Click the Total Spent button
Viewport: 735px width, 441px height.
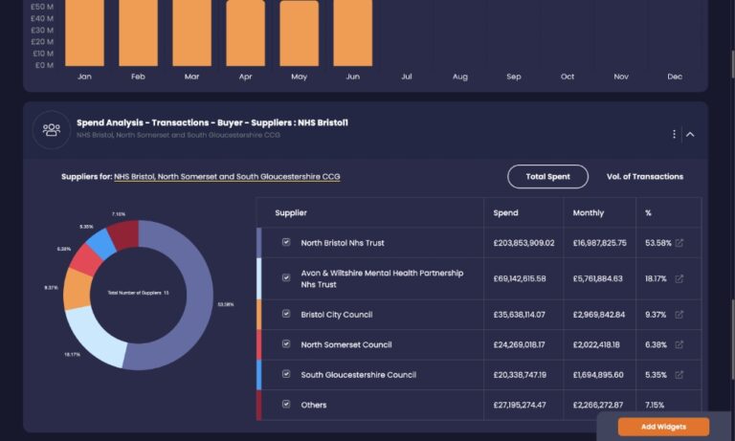pyautogui.click(x=547, y=177)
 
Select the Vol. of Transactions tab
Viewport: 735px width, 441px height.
pyautogui.click(x=645, y=177)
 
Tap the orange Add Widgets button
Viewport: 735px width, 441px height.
pyautogui.click(x=663, y=427)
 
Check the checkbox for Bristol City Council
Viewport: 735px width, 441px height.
pyautogui.click(x=286, y=314)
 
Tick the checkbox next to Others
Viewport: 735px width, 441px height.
pyautogui.click(x=286, y=405)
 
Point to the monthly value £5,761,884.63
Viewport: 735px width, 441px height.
pyautogui.click(x=598, y=278)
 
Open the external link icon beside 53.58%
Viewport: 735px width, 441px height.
pyautogui.click(x=679, y=243)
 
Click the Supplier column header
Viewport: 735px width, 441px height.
pyautogui.click(x=291, y=212)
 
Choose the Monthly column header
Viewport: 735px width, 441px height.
pyautogui.click(x=589, y=212)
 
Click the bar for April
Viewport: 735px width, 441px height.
pyautogui.click(x=245, y=33)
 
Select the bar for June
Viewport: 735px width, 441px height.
pyautogui.click(x=353, y=33)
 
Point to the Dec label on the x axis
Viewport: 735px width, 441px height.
pyautogui.click(x=675, y=77)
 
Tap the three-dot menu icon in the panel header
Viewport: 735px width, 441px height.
pyautogui.click(x=674, y=134)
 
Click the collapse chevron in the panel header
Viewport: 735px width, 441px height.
pyautogui.click(x=690, y=134)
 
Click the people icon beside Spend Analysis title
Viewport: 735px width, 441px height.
pyautogui.click(x=51, y=129)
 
